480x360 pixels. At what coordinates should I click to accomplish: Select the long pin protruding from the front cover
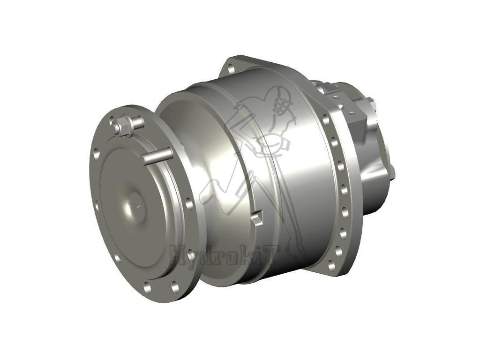157,156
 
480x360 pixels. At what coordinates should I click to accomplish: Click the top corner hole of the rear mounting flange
231,69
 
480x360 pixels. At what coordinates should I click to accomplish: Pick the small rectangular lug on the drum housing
256,218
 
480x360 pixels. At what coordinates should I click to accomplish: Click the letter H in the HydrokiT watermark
179,255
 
